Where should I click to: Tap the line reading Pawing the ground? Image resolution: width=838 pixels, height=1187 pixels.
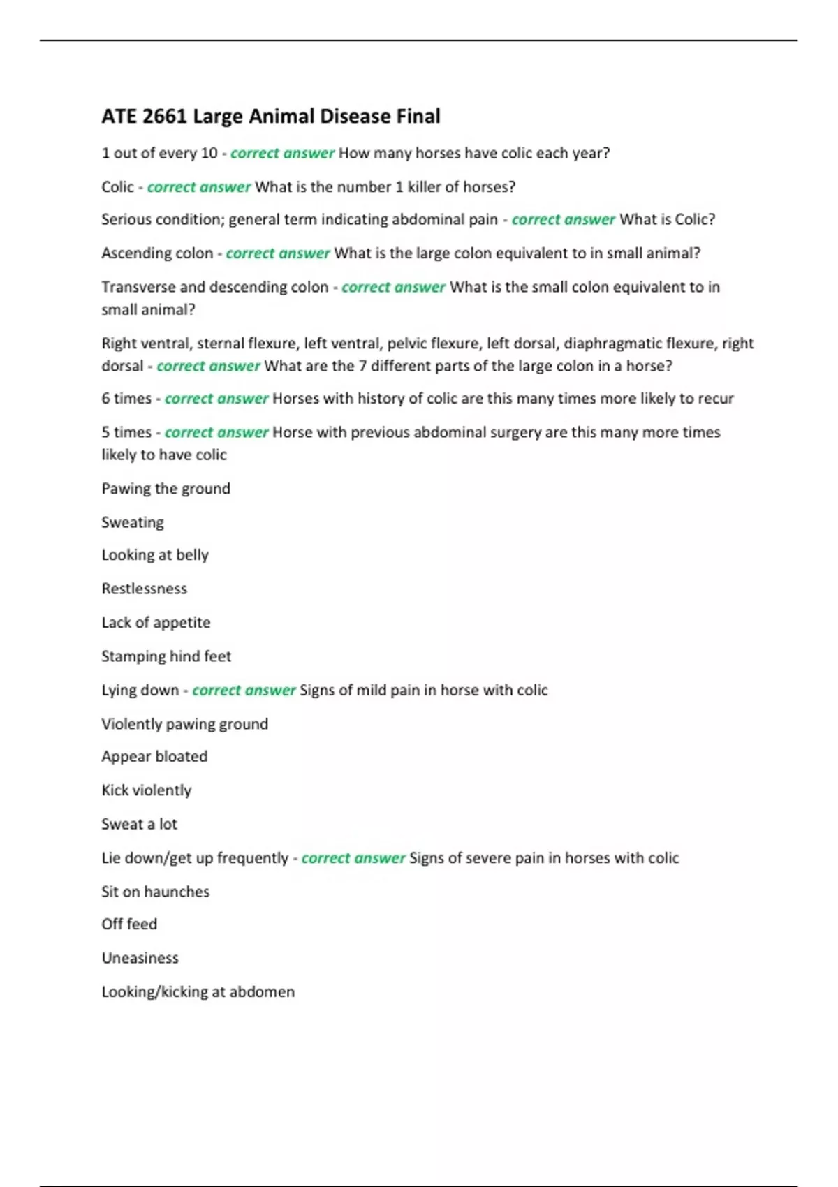pyautogui.click(x=166, y=489)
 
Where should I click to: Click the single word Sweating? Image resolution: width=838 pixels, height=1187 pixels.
pyautogui.click(x=133, y=522)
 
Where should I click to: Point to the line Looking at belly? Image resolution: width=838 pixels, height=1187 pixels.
pyautogui.click(x=155, y=555)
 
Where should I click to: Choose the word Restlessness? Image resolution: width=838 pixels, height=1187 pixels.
pyautogui.click(x=144, y=589)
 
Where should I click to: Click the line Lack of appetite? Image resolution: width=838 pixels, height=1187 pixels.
pyautogui.click(x=156, y=622)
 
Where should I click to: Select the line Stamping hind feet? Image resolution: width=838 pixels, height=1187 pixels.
pyautogui.click(x=166, y=656)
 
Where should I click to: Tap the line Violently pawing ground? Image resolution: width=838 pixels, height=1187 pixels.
pyautogui.click(x=184, y=724)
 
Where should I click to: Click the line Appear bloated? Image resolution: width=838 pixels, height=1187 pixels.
pyautogui.click(x=154, y=757)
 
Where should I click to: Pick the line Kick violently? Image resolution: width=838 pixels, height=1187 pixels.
pyautogui.click(x=146, y=790)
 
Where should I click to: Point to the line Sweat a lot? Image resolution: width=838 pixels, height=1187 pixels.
pyautogui.click(x=139, y=824)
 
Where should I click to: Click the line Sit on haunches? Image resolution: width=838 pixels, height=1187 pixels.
pyautogui.click(x=155, y=892)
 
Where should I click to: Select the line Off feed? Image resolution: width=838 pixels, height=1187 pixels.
pyautogui.click(x=129, y=924)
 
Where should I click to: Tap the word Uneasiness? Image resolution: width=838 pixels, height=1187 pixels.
pyautogui.click(x=140, y=958)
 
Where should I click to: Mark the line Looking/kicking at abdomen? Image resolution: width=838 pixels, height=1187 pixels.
pyautogui.click(x=198, y=991)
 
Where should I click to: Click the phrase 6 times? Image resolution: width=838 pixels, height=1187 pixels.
pyautogui.click(x=126, y=399)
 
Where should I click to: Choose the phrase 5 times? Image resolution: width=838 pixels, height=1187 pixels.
pyautogui.click(x=126, y=432)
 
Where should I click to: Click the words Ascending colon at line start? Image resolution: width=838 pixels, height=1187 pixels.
pyautogui.click(x=157, y=253)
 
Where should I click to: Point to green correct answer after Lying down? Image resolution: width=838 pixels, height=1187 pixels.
pyautogui.click(x=244, y=691)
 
